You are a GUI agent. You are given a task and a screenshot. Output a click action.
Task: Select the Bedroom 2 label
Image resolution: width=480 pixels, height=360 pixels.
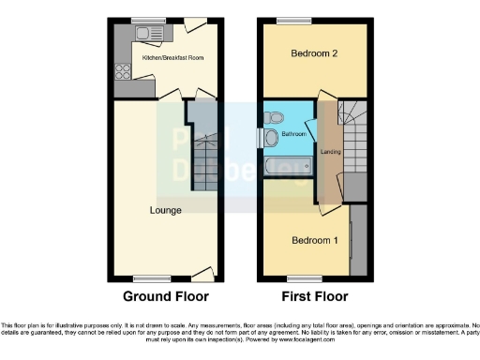pyautogui.click(x=314, y=53)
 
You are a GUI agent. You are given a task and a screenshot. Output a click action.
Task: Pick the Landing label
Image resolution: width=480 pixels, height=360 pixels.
pyautogui.click(x=330, y=152)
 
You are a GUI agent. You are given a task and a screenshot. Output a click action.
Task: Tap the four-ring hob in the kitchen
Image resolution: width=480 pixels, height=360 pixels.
pyautogui.click(x=122, y=70)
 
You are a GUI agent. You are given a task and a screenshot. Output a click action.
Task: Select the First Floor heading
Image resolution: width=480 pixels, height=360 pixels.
pyautogui.click(x=315, y=298)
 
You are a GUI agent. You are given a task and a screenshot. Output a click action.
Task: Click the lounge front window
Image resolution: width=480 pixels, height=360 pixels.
pyautogui.click(x=149, y=277)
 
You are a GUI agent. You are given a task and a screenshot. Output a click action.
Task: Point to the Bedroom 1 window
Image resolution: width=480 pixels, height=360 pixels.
pyautogui.click(x=299, y=277)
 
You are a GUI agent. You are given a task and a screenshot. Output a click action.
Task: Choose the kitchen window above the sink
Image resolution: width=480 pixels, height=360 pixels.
pyautogui.click(x=144, y=21)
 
